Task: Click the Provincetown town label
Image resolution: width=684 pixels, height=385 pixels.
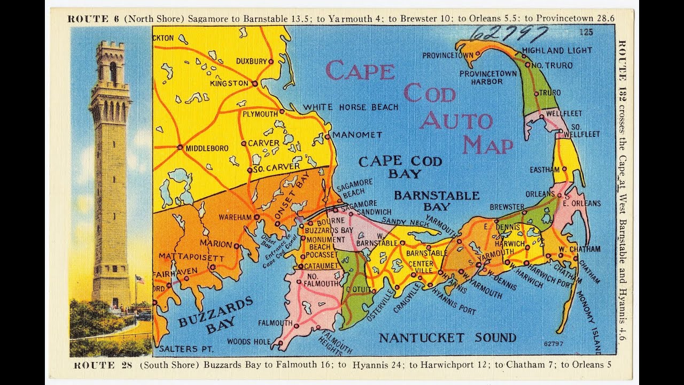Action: click(x=447, y=55)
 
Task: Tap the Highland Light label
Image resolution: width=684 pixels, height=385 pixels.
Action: click(x=557, y=50)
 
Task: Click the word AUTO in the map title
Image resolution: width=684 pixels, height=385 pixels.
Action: click(x=455, y=120)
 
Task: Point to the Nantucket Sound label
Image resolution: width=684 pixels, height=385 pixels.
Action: click(x=447, y=337)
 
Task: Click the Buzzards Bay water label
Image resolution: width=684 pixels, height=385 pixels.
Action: click(x=216, y=315)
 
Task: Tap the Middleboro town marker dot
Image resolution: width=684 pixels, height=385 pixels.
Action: click(x=180, y=147)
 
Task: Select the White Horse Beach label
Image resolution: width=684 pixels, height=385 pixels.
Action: click(x=351, y=107)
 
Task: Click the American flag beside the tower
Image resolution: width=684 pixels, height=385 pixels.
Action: click(x=139, y=279)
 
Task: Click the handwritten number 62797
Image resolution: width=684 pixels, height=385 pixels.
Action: click(x=509, y=34)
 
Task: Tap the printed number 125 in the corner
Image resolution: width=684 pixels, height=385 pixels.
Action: click(x=586, y=32)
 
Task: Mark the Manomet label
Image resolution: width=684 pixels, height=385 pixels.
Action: click(x=357, y=135)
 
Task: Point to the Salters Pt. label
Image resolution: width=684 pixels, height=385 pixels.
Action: click(x=186, y=349)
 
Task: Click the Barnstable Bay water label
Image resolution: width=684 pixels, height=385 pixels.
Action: click(x=437, y=201)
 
